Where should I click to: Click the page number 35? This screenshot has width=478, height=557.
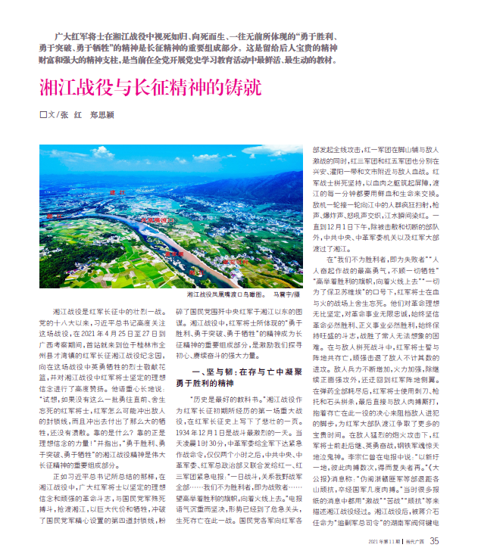click(434, 540)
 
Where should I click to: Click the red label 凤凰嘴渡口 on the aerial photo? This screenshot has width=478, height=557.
click(151, 219)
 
